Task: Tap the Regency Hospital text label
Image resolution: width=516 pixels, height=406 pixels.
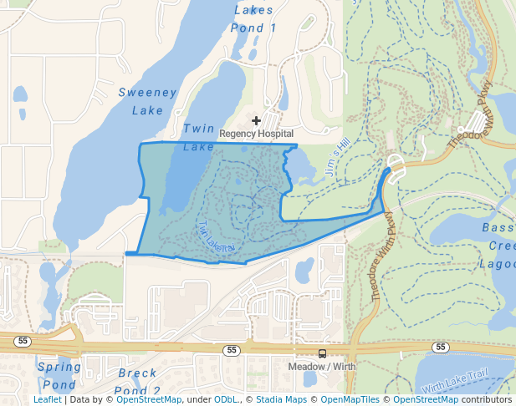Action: (x=256, y=134)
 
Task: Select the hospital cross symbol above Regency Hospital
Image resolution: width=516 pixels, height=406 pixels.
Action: (x=256, y=121)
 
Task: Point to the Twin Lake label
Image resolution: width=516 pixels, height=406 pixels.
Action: (x=199, y=137)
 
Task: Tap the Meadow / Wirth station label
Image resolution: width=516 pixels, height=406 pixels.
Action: (x=322, y=367)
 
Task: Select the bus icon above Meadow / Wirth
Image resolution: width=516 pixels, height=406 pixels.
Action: (x=323, y=353)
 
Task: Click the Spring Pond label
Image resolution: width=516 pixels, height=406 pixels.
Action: (x=59, y=375)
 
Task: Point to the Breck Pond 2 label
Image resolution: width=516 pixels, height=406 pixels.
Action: (x=139, y=381)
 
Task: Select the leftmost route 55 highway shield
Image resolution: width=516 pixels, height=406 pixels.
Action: (x=23, y=340)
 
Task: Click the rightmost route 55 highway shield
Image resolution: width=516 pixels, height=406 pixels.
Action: (x=441, y=346)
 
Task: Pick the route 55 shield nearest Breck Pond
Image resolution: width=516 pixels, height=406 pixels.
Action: (x=232, y=350)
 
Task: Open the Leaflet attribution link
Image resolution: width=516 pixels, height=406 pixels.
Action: (x=47, y=399)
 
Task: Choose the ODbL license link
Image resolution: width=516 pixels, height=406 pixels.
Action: (x=226, y=399)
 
